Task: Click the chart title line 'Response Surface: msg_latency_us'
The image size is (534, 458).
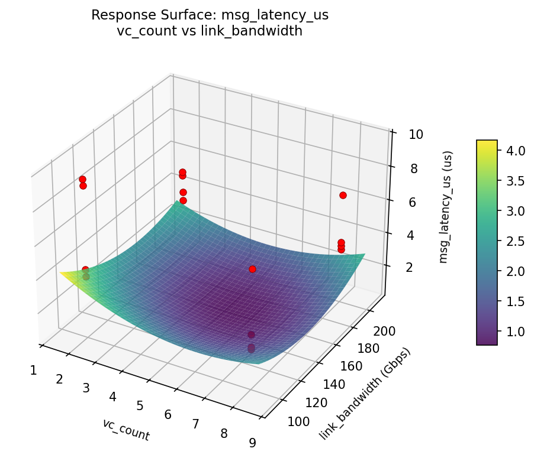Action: tap(210, 15)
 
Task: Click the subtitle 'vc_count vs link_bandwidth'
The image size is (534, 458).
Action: tap(210, 32)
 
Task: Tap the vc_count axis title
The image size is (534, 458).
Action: tap(126, 430)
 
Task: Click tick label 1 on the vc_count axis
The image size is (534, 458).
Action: tap(33, 371)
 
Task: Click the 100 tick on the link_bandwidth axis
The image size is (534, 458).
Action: tap(298, 421)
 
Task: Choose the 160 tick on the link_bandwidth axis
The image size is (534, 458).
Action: tap(353, 366)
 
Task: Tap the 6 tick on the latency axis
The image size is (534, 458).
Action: tap(410, 202)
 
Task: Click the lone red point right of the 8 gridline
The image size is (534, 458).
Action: tap(343, 195)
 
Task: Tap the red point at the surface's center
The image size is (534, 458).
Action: tap(252, 269)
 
